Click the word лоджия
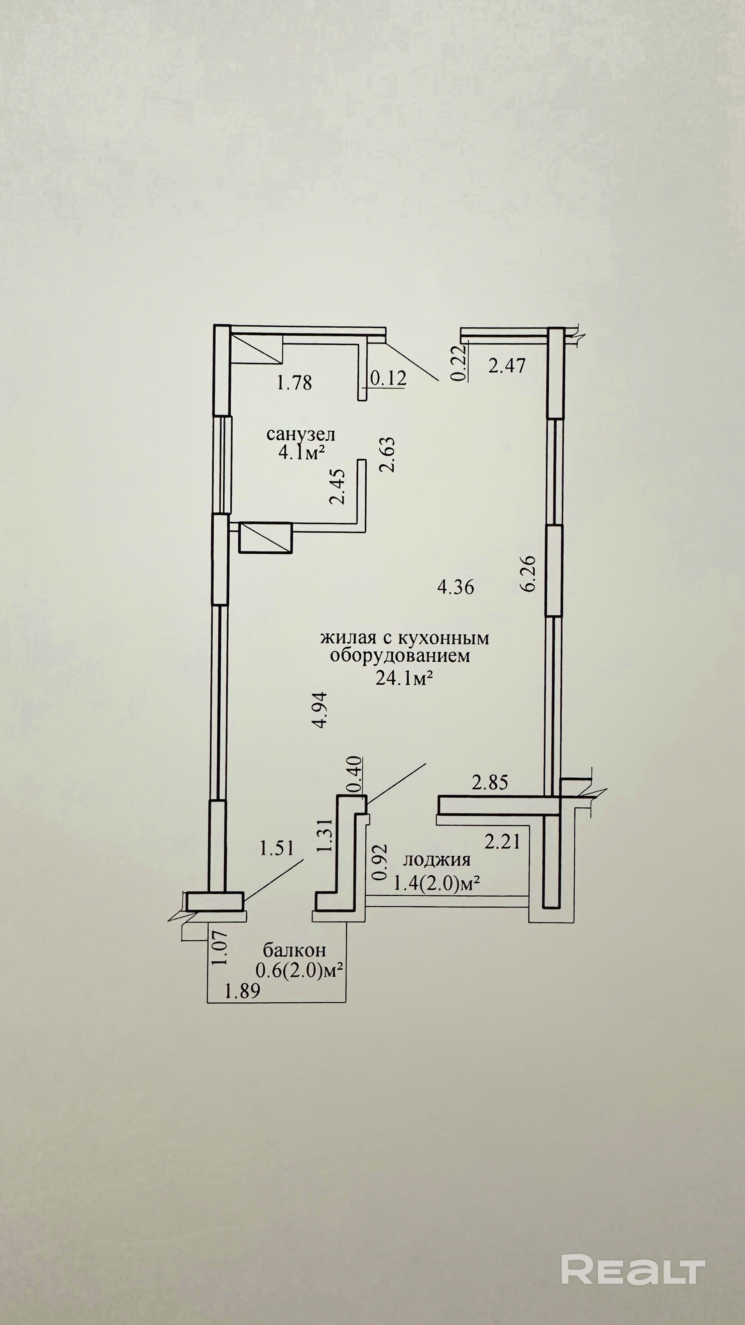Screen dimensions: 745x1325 (437, 860)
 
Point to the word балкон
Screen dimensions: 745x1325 (294, 949)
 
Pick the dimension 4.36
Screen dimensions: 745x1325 (456, 587)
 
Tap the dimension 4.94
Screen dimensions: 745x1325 (320, 710)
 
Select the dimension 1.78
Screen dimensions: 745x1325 (294, 383)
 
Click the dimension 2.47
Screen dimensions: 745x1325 (507, 366)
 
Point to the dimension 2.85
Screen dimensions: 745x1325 (490, 783)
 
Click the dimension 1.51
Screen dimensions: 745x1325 (277, 848)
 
